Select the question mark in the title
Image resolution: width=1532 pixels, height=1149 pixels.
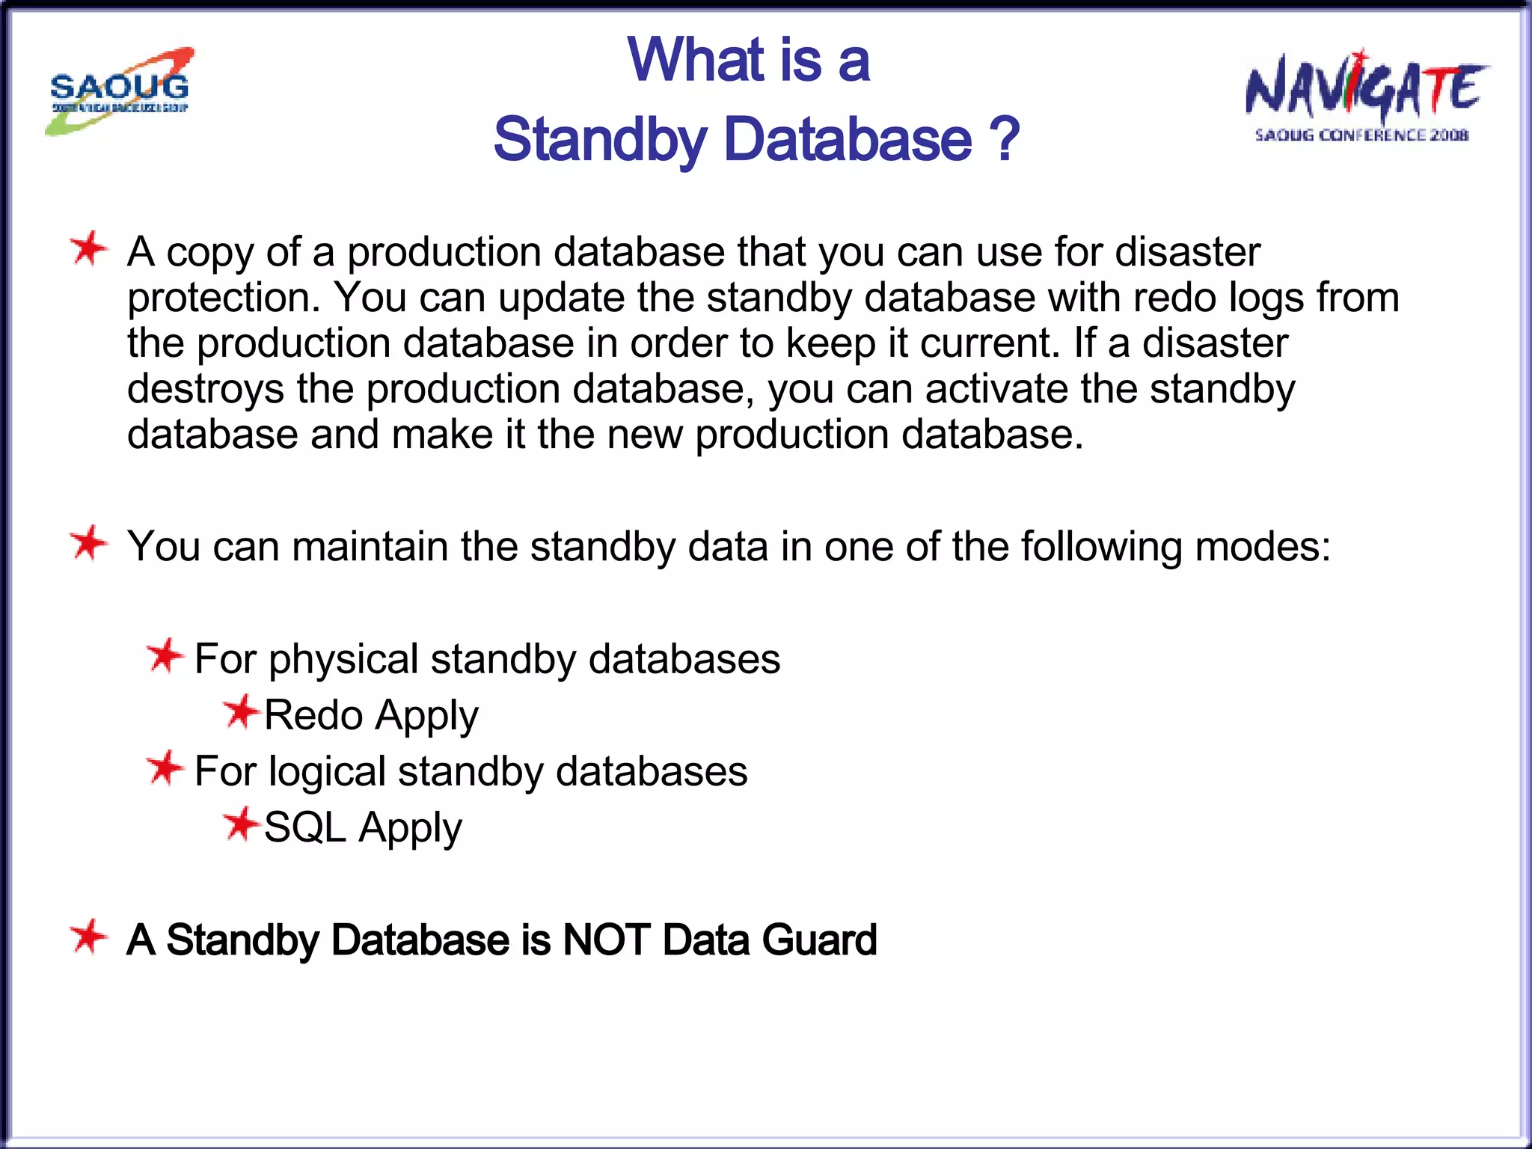pyautogui.click(x=1004, y=139)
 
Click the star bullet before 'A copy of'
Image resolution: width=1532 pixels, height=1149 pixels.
pyautogui.click(x=88, y=249)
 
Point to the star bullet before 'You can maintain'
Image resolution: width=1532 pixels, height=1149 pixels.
pyautogui.click(x=88, y=543)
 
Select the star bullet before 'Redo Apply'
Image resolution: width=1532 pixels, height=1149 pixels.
pyautogui.click(x=241, y=711)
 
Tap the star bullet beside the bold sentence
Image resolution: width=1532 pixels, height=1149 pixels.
pyautogui.click(x=88, y=937)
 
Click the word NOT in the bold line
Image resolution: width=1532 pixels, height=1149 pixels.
pyautogui.click(x=605, y=940)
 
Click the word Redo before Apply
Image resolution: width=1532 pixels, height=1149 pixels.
pyautogui.click(x=313, y=715)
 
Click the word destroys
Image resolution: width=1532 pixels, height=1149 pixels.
pyautogui.click(x=205, y=390)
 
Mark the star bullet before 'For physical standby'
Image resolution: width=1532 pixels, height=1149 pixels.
pyautogui.click(x=165, y=656)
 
